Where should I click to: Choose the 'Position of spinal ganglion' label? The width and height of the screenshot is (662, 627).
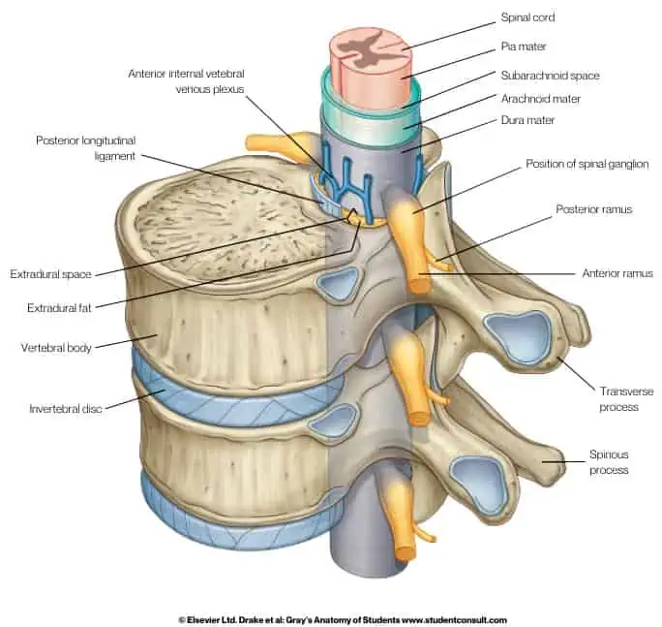coord(587,164)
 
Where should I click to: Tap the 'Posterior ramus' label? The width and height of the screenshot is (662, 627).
coord(594,208)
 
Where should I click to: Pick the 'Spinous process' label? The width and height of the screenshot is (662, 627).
coord(610,461)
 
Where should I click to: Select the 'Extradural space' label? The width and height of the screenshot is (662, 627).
coord(51,274)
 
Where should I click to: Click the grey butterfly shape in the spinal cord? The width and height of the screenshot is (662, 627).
coord(365,44)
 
